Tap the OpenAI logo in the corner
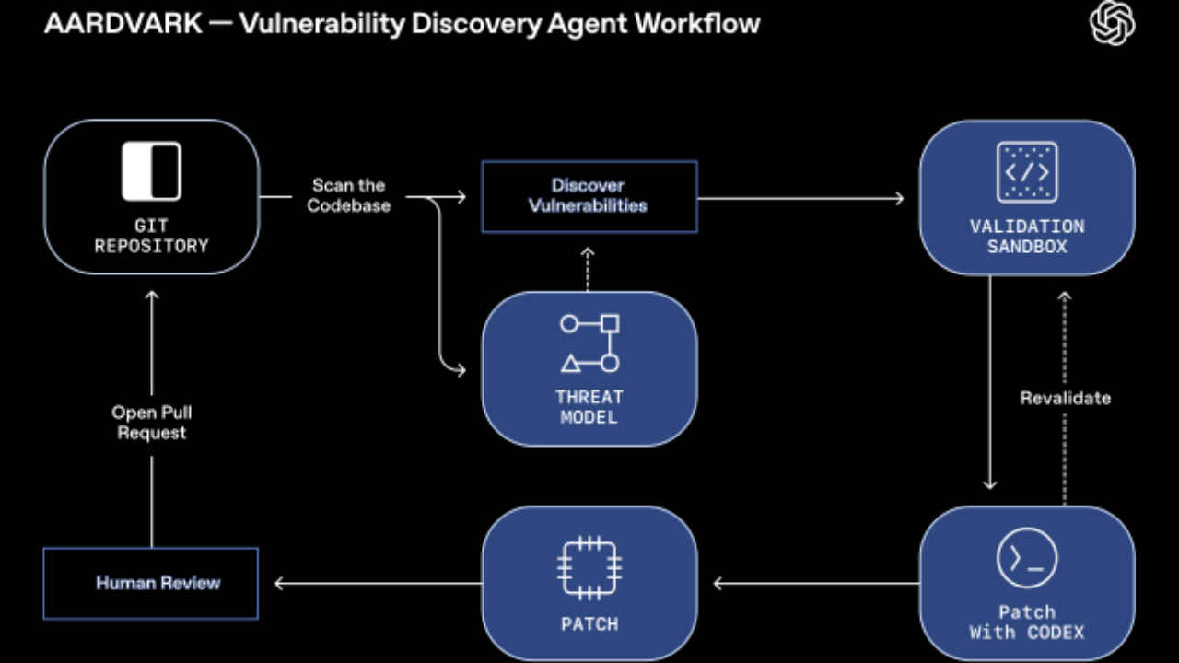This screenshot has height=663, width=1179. pyautogui.click(x=1112, y=22)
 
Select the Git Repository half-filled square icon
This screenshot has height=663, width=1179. pyautogui.click(x=151, y=171)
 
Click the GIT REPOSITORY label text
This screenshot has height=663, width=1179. pyautogui.click(x=151, y=236)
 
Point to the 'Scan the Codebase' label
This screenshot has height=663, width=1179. pyautogui.click(x=349, y=196)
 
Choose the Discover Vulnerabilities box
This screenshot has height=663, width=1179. pyautogui.click(x=589, y=196)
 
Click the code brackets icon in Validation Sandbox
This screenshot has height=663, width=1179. pyautogui.click(x=1027, y=172)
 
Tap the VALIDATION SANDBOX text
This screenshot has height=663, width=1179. pyautogui.click(x=1027, y=236)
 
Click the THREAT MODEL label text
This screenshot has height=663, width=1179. pyautogui.click(x=589, y=407)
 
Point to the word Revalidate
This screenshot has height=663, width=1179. pyautogui.click(x=1065, y=398)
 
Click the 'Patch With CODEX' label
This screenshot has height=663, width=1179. pyautogui.click(x=1027, y=622)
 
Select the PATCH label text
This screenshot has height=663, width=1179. pyautogui.click(x=589, y=624)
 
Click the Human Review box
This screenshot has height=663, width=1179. pyautogui.click(x=151, y=583)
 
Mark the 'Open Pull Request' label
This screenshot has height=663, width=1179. pyautogui.click(x=151, y=423)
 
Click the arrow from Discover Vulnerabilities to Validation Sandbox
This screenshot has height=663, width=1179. pyautogui.click(x=801, y=197)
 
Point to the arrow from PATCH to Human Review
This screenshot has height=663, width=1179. pyautogui.click(x=379, y=583)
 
